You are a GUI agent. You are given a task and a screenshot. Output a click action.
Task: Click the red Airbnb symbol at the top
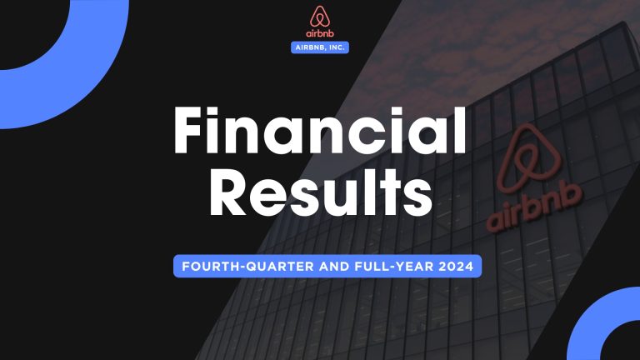coord(320,17)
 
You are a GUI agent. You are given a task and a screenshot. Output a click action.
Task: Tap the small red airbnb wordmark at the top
coord(320,34)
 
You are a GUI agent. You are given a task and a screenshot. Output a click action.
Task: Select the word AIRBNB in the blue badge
coord(310,48)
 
